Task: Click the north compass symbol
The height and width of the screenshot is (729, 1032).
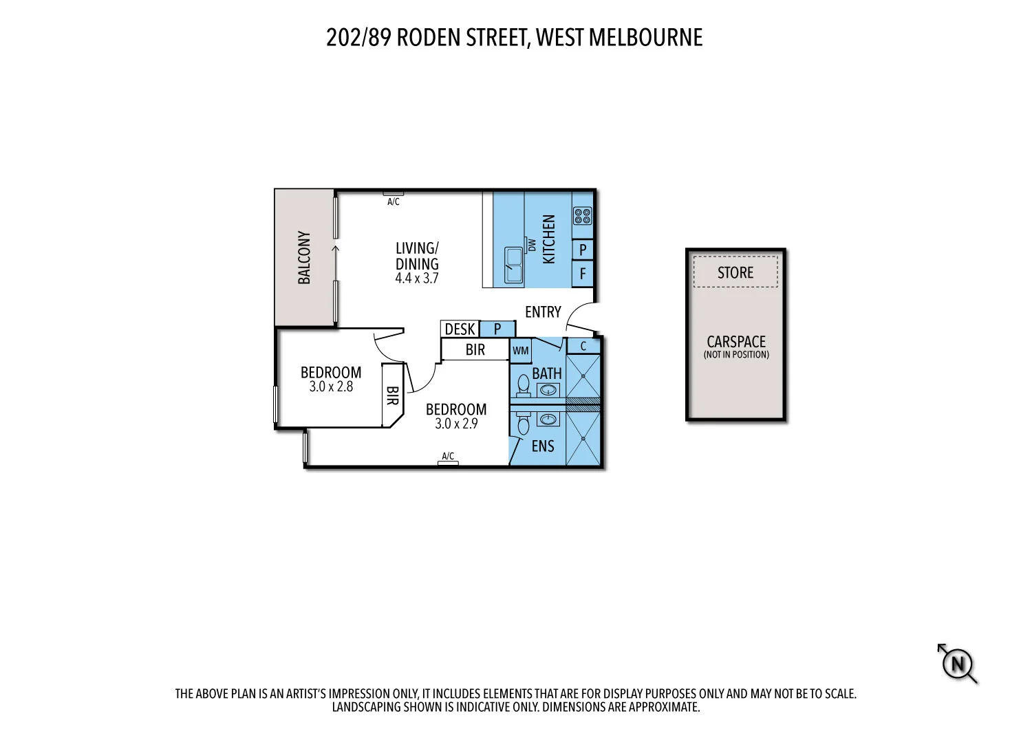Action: click(957, 664)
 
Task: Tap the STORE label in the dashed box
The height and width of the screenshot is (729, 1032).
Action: click(735, 272)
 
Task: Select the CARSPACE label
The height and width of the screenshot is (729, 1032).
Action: click(736, 342)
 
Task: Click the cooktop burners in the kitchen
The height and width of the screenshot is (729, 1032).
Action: click(582, 216)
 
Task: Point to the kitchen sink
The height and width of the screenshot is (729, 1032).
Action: click(513, 265)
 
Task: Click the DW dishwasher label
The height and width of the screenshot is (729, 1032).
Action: click(531, 245)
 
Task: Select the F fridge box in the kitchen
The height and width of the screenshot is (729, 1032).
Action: click(583, 274)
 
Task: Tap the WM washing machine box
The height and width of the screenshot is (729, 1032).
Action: click(521, 351)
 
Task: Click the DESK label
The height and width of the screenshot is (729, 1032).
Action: click(460, 329)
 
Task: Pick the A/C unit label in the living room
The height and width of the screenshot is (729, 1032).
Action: click(393, 202)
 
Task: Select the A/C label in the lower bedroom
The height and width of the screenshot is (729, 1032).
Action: click(448, 456)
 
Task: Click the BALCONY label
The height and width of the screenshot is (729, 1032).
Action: click(304, 258)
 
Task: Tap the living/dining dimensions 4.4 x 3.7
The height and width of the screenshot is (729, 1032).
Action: click(416, 279)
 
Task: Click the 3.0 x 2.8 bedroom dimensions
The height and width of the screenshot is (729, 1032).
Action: click(331, 387)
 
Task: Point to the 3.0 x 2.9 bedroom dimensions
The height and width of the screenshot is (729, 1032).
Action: click(456, 424)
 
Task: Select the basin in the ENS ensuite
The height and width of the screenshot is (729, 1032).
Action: click(548, 419)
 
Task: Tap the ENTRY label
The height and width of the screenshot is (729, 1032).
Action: click(543, 312)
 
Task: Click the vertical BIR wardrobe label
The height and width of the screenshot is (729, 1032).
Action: click(392, 395)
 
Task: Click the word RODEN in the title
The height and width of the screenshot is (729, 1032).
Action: click(429, 37)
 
